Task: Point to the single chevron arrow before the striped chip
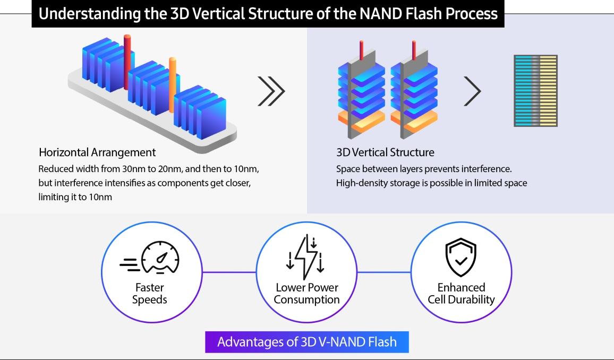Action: pyautogui.click(x=472, y=91)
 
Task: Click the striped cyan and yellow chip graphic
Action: pyautogui.click(x=535, y=91)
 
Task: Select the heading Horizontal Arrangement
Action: pyautogui.click(x=97, y=152)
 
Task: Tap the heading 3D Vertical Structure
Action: pyautogui.click(x=385, y=152)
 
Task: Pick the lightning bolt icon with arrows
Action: pyautogui.click(x=306, y=258)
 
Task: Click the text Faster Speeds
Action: pyautogui.click(x=150, y=294)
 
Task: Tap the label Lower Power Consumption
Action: pyautogui.click(x=307, y=294)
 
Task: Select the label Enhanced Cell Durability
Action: pyautogui.click(x=461, y=294)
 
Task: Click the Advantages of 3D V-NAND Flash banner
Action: pyautogui.click(x=307, y=341)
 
